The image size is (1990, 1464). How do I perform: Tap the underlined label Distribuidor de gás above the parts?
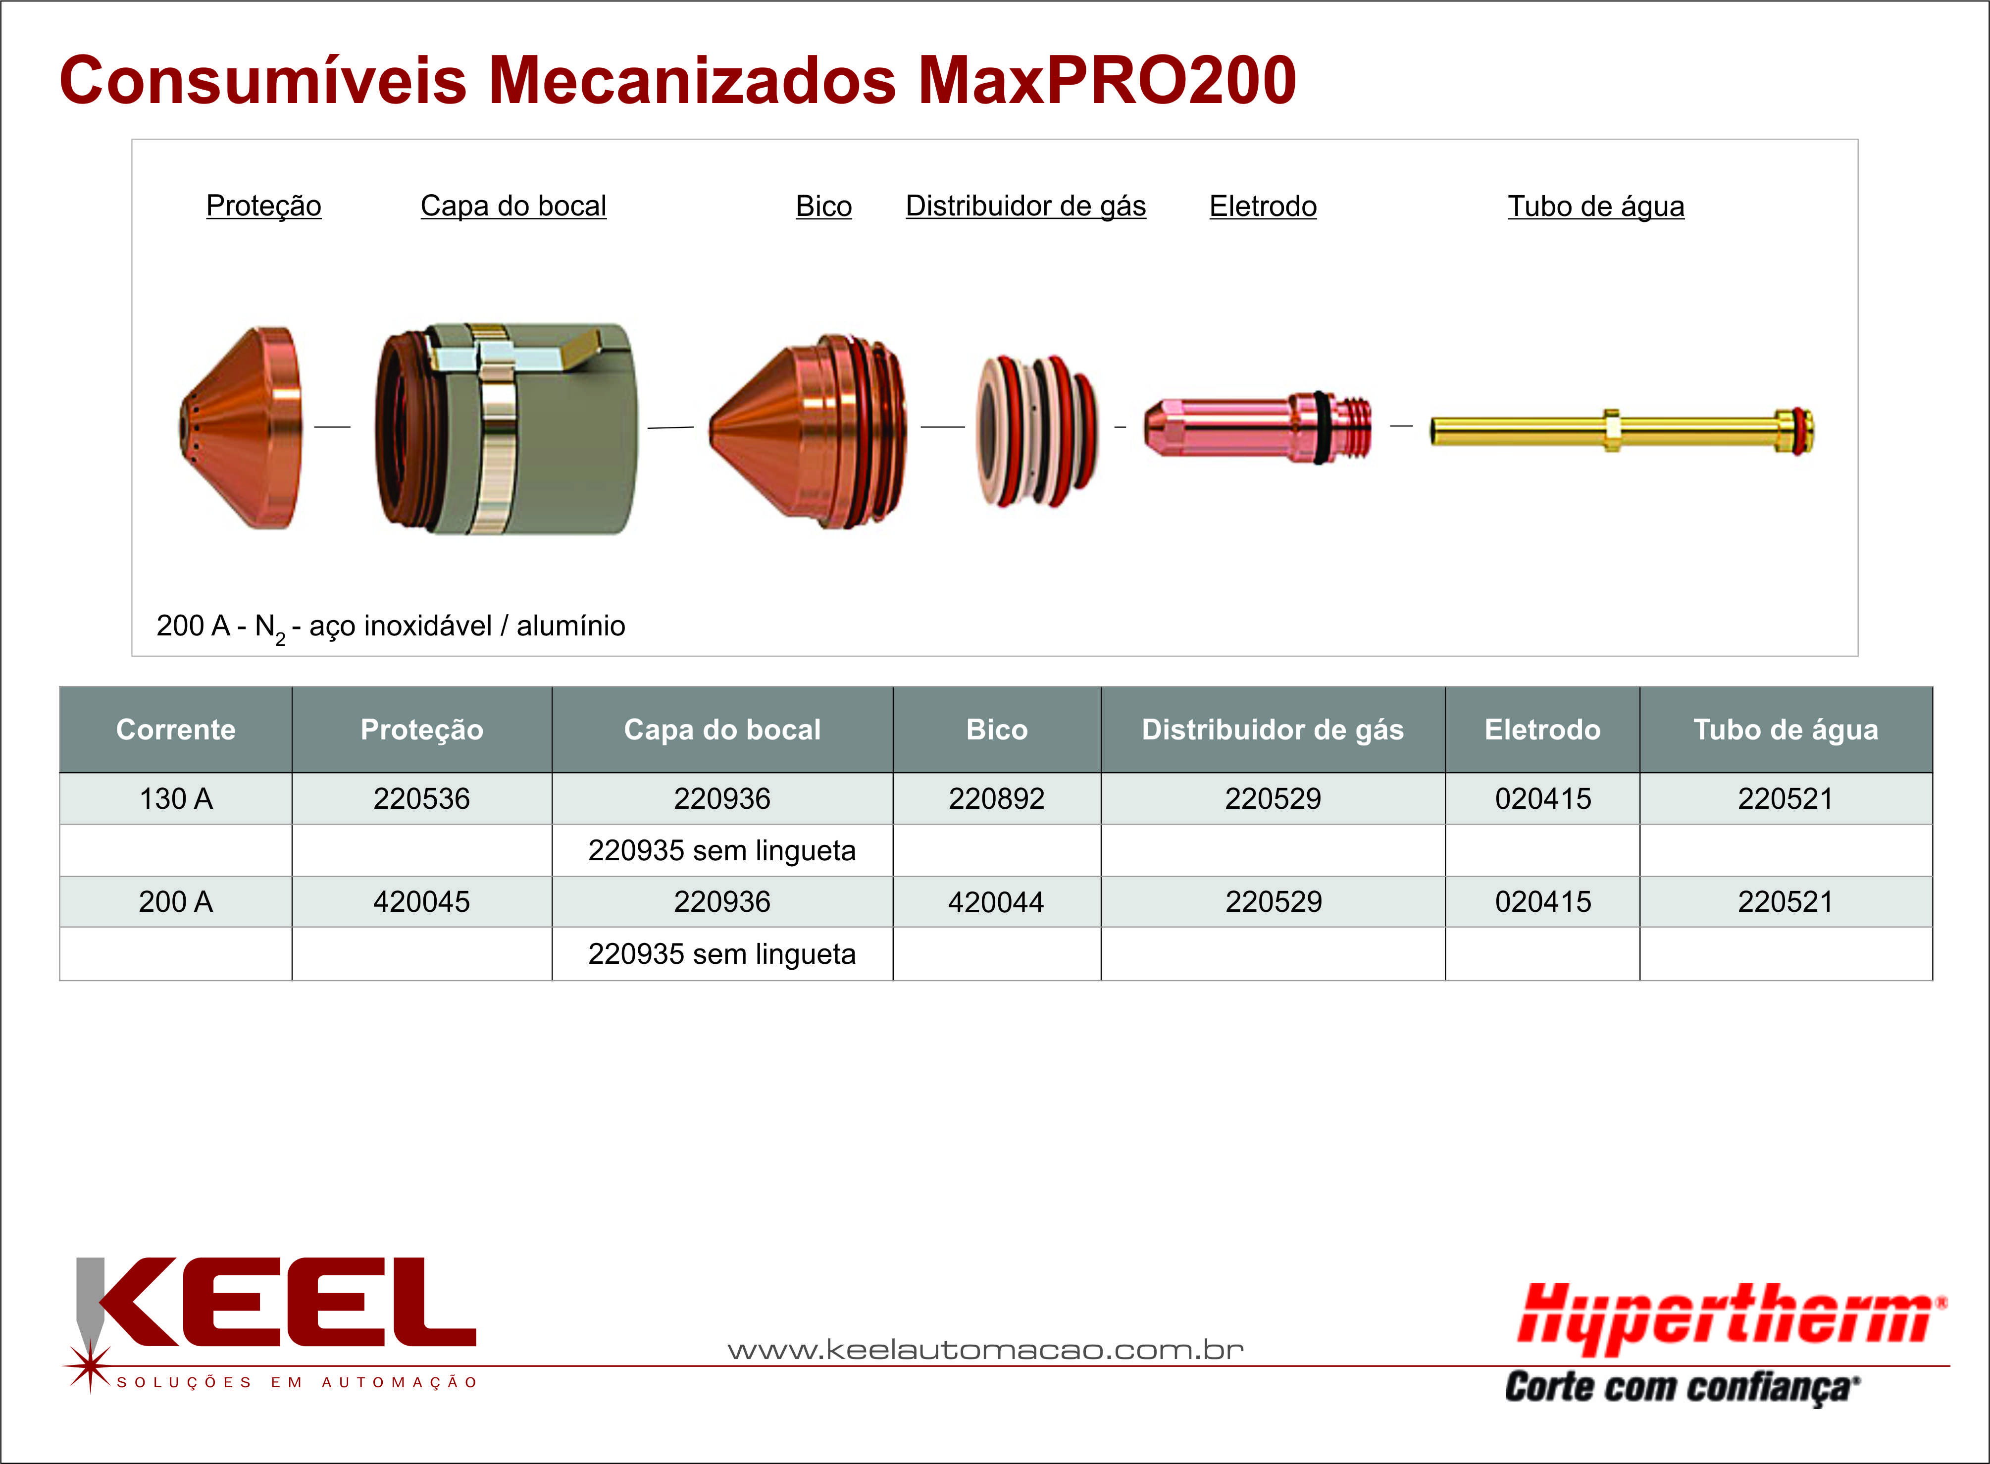point(1025,207)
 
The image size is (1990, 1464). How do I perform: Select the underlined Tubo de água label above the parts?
point(1596,207)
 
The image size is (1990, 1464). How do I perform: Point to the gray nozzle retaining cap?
point(505,429)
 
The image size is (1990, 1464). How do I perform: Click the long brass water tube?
point(1622,431)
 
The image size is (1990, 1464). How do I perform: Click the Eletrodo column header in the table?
point(1542,730)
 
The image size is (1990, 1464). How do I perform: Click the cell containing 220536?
point(422,798)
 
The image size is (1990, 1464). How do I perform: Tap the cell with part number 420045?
point(422,901)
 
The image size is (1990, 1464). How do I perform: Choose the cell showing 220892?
point(997,798)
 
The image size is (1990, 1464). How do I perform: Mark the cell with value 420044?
point(997,901)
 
